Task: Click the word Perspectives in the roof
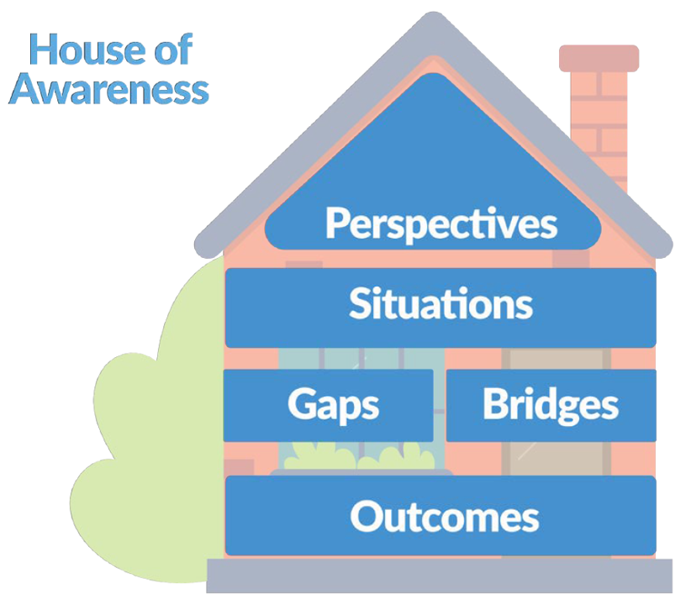(x=441, y=224)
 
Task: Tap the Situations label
(x=441, y=303)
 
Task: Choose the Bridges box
(x=551, y=405)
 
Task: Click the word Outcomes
(x=444, y=516)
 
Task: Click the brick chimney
(x=599, y=126)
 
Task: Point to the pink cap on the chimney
(x=599, y=58)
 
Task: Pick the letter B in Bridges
(x=495, y=403)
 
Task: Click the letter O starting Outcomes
(x=365, y=516)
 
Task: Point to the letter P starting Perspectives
(x=336, y=224)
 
